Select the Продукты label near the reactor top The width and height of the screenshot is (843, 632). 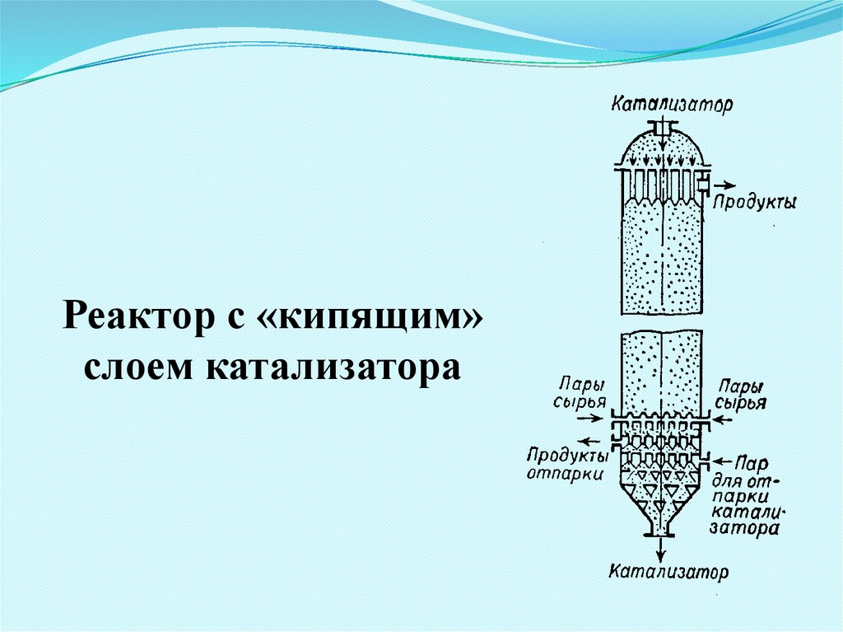coord(754,202)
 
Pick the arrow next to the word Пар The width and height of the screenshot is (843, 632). coord(724,458)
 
